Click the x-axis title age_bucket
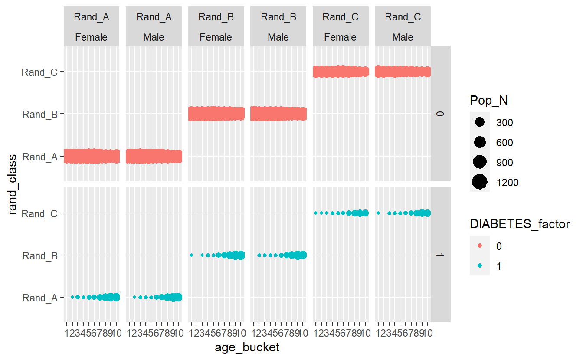pos(247,347)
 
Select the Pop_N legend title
pos(488,101)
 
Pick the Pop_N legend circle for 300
pos(480,122)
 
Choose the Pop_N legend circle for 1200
pos(480,182)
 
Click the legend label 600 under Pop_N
pos(504,142)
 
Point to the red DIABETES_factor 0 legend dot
pos(480,246)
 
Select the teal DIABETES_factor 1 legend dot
pos(480,266)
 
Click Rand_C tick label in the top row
pos(39,72)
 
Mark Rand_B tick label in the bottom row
pos(39,255)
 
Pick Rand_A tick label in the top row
pos(39,157)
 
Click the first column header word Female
pos(91,37)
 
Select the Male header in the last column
pos(403,37)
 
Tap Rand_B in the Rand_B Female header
pos(216,17)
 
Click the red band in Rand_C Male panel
pos(403,72)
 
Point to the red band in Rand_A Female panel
pos(91,156)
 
